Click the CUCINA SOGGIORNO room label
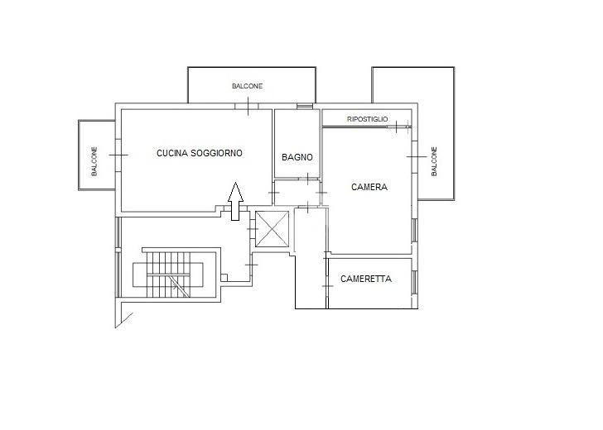coord(199,153)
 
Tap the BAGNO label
coord(297,157)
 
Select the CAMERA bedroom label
coord(369,187)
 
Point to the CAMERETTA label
coord(366,279)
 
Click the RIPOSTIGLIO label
coord(367,119)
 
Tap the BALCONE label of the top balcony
coord(248,86)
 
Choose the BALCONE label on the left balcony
coord(94,161)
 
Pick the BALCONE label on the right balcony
coord(434,161)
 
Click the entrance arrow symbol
coord(235,201)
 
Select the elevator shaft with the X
coord(272,229)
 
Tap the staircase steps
coord(168,275)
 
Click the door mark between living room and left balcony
coord(118,155)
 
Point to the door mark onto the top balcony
coord(248,107)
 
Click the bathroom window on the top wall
coord(305,107)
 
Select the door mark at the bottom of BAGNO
coord(308,179)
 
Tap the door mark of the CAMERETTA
coord(327,286)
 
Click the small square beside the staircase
coord(224,277)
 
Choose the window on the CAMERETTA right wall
coord(415,283)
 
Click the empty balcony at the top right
coord(413,84)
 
